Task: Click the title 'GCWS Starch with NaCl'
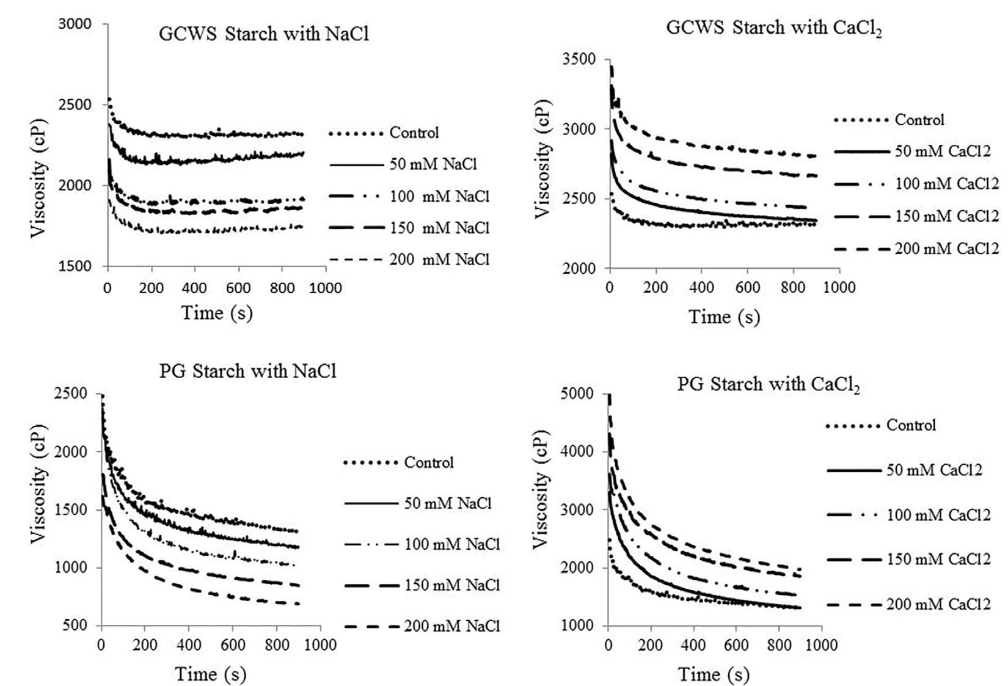tap(264, 34)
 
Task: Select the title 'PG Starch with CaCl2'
tap(768, 385)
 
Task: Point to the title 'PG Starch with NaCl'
tap(247, 371)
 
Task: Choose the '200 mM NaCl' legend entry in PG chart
tap(451, 626)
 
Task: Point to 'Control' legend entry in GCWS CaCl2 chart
tap(919, 120)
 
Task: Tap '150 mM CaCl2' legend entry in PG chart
tap(937, 559)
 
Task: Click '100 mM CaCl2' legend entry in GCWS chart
tap(946, 183)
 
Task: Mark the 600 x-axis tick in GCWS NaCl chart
tap(238, 288)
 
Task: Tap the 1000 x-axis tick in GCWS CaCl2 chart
tap(839, 288)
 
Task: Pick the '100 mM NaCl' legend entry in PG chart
tap(451, 544)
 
